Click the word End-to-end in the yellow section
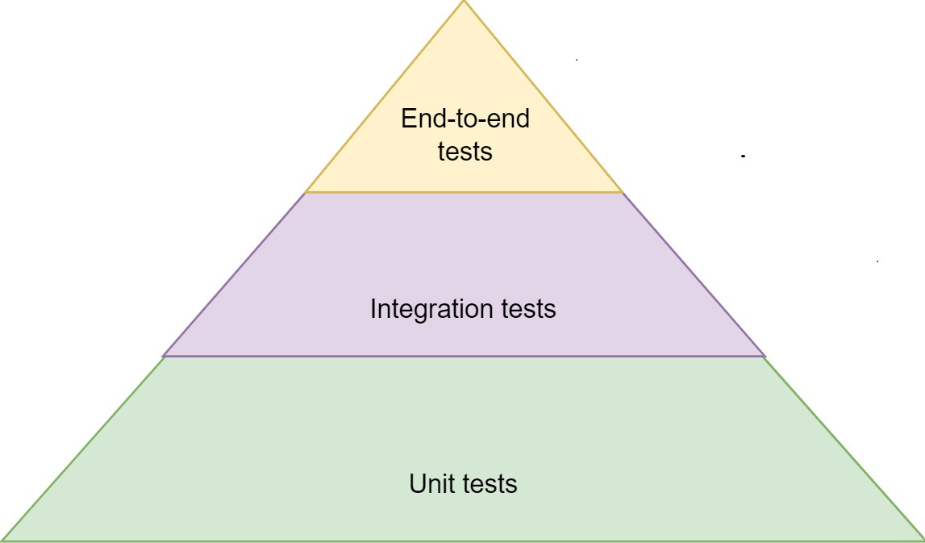coord(465,120)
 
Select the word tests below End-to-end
coord(465,151)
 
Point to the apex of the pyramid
coord(464,2)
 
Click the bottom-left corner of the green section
coord(4,539)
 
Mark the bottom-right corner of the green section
coord(922,539)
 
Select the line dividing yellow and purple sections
coord(464,192)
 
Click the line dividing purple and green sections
coord(464,356)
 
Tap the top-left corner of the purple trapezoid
coord(306,193)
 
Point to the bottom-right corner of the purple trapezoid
coord(764,355)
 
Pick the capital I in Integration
coord(373,309)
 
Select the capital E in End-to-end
coord(408,120)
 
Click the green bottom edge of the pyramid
coord(464,540)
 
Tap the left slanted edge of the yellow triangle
coord(385,97)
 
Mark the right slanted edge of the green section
coord(843,448)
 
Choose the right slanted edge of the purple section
coord(694,274)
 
